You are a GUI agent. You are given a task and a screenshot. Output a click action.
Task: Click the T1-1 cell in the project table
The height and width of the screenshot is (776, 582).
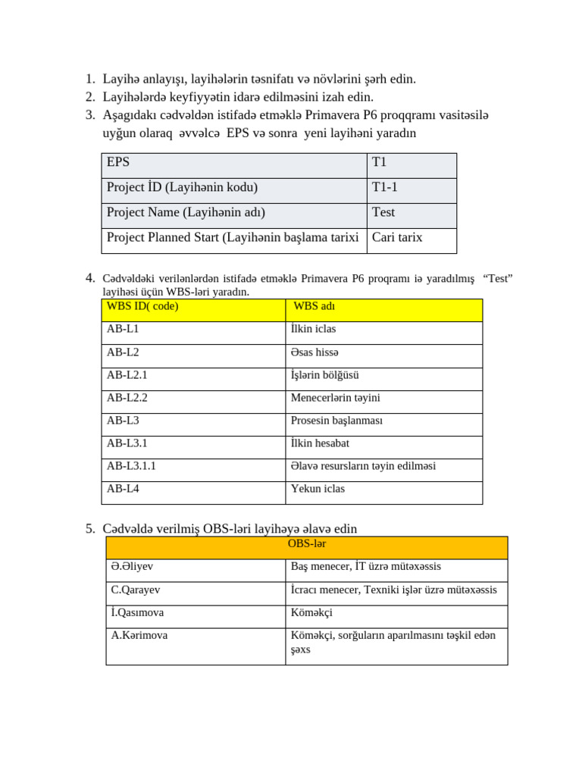[x=385, y=187]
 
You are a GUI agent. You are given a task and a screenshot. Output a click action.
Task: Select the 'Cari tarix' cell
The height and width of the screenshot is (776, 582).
[x=397, y=237]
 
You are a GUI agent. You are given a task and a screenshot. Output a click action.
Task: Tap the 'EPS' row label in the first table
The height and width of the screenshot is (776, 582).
[x=118, y=162]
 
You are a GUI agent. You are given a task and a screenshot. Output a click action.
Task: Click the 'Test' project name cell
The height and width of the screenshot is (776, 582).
[x=383, y=212]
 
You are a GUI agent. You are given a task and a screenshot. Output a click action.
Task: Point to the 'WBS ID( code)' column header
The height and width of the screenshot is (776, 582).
[x=142, y=306]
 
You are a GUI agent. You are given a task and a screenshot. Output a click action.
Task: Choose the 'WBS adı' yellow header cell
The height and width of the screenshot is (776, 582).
[x=314, y=306]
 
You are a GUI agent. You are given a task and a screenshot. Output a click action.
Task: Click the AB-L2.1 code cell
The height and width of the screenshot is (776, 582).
[x=127, y=375]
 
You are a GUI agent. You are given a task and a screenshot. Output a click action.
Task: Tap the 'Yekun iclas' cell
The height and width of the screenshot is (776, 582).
[x=318, y=489]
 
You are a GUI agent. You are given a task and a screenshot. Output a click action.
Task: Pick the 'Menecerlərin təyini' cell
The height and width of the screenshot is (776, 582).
[x=335, y=398]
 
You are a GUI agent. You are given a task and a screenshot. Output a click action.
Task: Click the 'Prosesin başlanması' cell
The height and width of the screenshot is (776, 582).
[x=336, y=421]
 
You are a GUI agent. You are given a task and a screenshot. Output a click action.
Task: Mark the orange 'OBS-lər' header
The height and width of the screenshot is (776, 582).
[x=307, y=544]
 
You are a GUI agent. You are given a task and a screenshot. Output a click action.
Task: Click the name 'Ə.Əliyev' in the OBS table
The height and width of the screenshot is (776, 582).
[x=132, y=567]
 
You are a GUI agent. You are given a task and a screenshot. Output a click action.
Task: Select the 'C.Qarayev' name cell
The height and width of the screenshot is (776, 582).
[x=136, y=590]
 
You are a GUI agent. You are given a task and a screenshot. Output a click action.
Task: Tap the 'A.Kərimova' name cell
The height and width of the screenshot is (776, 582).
[x=139, y=635]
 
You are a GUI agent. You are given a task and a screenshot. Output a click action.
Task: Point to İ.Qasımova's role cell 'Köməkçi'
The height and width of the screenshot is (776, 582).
[x=311, y=612]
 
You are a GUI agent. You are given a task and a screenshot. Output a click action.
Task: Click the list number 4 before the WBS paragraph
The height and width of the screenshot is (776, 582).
[x=90, y=278]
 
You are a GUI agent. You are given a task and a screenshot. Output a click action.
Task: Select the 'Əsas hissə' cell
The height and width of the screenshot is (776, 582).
[x=314, y=352]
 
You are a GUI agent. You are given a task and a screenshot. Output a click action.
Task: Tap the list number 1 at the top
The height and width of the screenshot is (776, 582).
[x=89, y=79]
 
